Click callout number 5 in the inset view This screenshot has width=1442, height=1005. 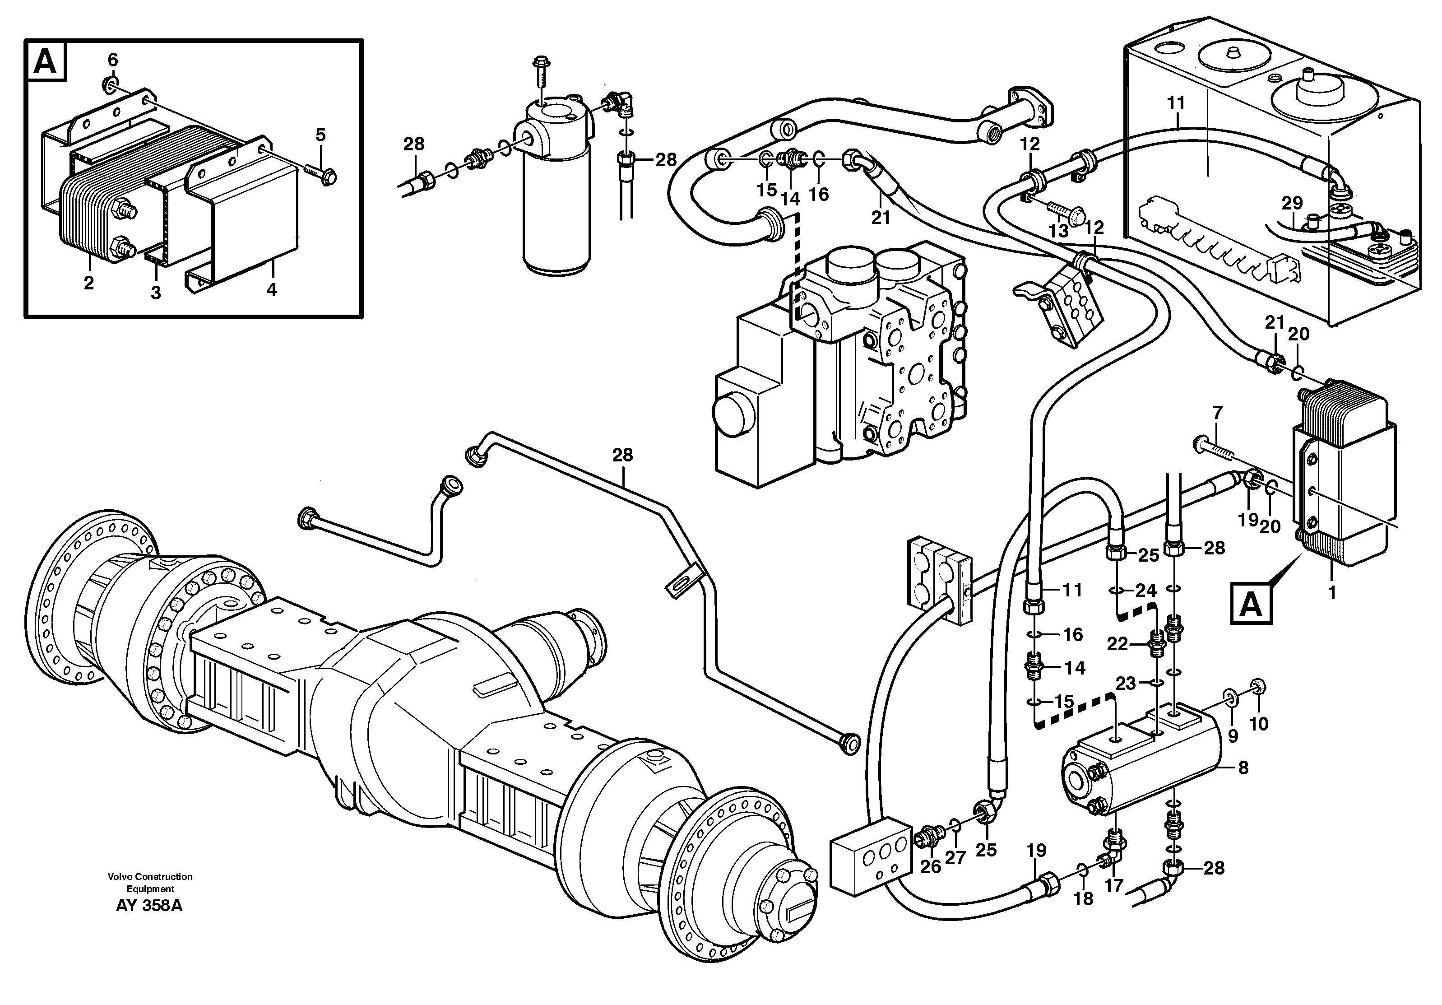(320, 135)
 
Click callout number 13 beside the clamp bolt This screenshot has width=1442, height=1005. (1058, 231)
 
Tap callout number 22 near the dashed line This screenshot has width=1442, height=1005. (1118, 644)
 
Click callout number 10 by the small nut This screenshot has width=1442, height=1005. (1259, 724)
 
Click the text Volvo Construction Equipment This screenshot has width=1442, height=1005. (149, 883)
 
